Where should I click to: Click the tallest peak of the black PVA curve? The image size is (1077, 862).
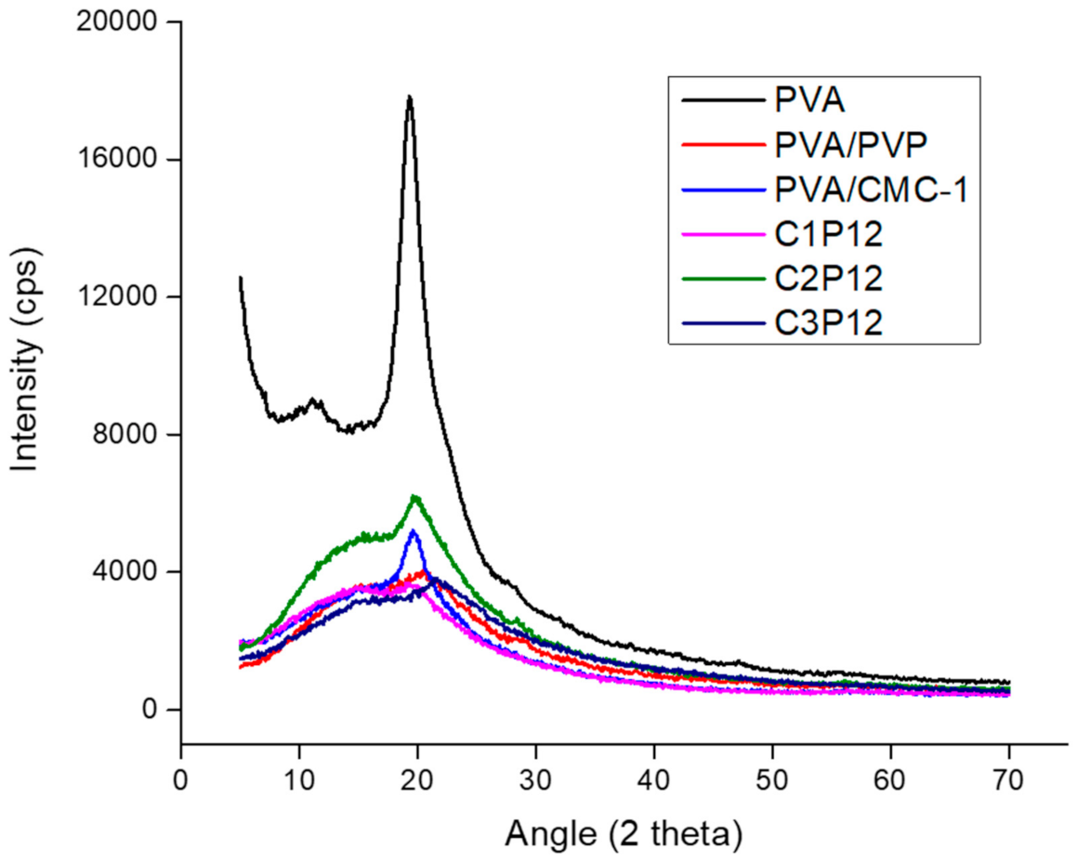(x=409, y=97)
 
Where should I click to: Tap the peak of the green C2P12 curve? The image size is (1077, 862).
(x=415, y=497)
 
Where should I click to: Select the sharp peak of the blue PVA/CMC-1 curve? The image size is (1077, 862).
(x=414, y=531)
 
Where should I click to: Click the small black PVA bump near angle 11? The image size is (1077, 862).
(x=314, y=401)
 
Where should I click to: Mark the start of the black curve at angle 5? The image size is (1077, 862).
(x=241, y=277)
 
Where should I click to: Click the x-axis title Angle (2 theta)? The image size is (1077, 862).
(x=623, y=834)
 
